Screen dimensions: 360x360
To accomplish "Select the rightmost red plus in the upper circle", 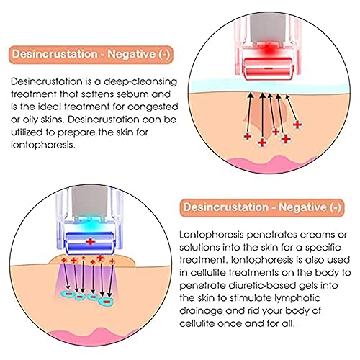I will (297, 125).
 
